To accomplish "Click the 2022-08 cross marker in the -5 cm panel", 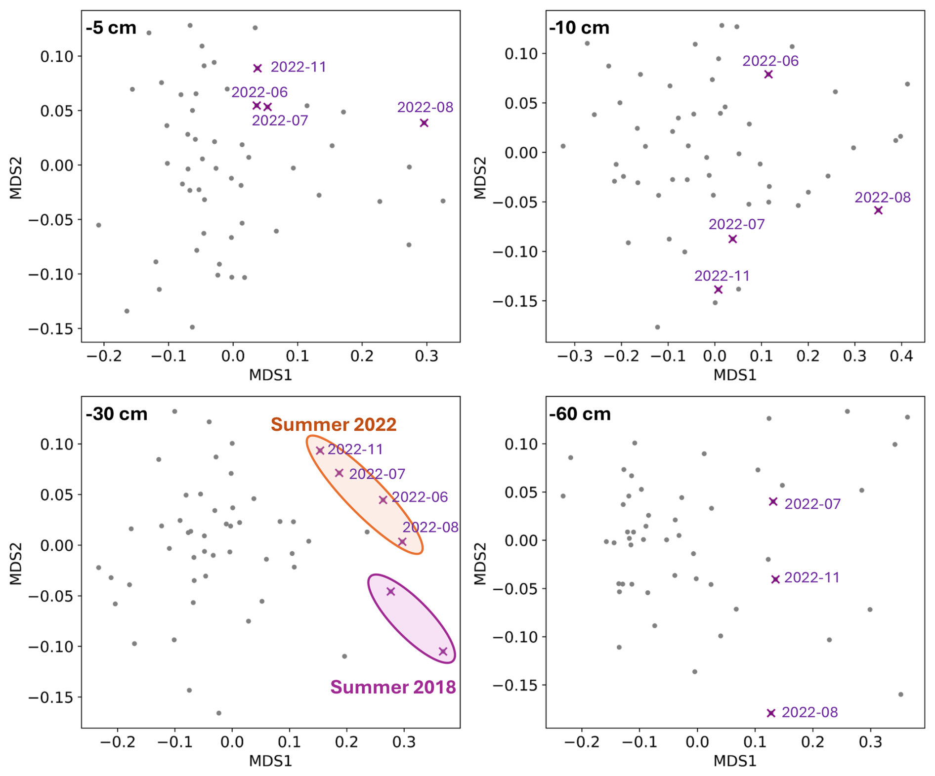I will tap(424, 123).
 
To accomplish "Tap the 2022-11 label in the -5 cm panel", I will tap(298, 67).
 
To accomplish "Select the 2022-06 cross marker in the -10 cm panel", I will tap(768, 75).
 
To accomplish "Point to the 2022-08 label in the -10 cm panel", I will tap(883, 198).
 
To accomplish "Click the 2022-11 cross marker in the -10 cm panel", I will tap(718, 289).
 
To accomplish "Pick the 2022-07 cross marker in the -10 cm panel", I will tap(732, 239).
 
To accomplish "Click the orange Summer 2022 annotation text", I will tap(334, 425).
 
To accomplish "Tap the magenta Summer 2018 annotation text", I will tap(393, 687).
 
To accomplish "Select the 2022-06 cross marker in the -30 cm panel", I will tap(382, 500).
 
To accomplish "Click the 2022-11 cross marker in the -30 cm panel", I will tap(320, 450).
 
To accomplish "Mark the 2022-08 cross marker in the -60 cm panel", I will tap(771, 713).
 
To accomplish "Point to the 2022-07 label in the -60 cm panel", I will tap(812, 504).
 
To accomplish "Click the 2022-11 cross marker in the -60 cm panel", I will tap(775, 579).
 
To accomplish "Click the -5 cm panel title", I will tap(111, 28).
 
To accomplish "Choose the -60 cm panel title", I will tap(580, 414).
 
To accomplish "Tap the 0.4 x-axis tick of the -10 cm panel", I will tap(901, 356).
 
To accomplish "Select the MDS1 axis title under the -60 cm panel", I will tap(735, 761).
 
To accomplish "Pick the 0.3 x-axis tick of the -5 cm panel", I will tap(427, 356).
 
